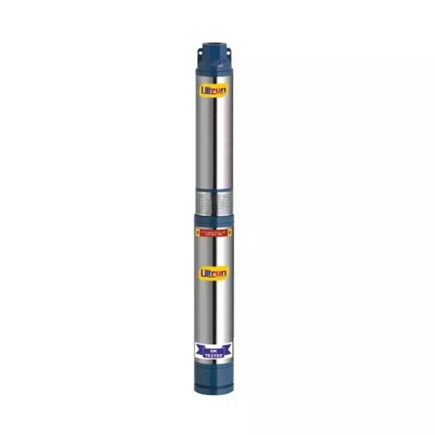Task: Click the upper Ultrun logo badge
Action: pyautogui.click(x=214, y=89)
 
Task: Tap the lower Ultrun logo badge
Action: pyautogui.click(x=214, y=271)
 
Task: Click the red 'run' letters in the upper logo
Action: pyautogui.click(x=220, y=89)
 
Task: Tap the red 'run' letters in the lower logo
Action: pyautogui.click(x=220, y=272)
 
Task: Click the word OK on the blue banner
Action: pyautogui.click(x=214, y=351)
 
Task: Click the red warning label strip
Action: pyautogui.click(x=214, y=231)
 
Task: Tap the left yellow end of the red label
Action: pyautogui.click(x=196, y=231)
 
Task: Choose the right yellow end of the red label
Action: pyautogui.click(x=232, y=231)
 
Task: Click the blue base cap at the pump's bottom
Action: pyautogui.click(x=214, y=381)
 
